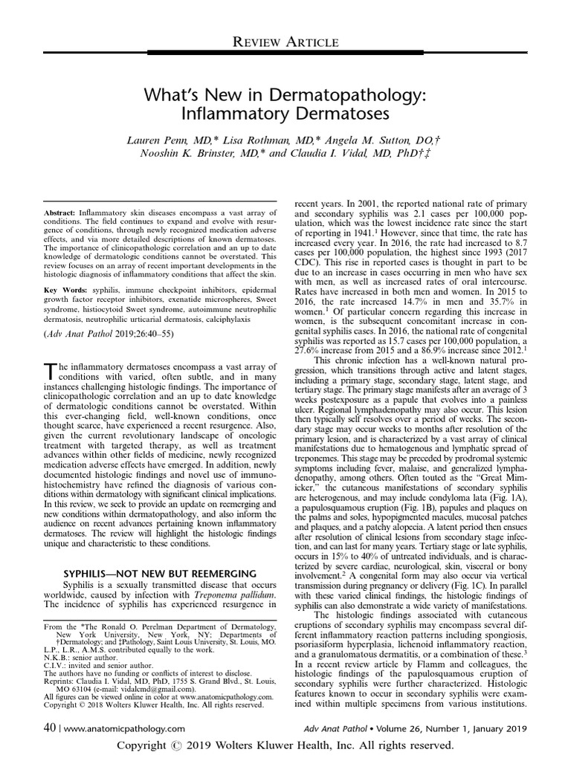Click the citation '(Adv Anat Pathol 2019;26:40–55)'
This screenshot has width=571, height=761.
click(100, 334)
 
